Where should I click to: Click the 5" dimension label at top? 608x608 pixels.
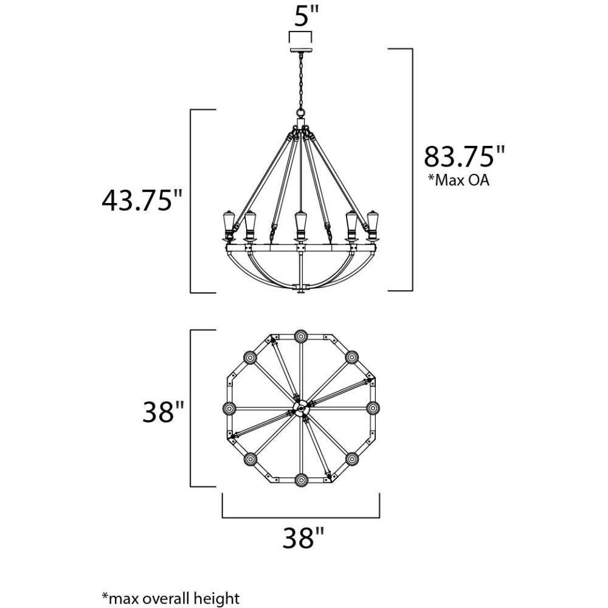pos(306,16)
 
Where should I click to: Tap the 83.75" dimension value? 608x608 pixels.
pos(465,156)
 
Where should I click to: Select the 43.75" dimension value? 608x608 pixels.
pos(142,201)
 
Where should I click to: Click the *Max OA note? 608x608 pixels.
pos(458,181)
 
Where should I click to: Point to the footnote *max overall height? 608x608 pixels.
pos(171,598)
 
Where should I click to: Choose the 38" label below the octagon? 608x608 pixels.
pos(303,538)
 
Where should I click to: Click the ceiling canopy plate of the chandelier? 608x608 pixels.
pos(300,50)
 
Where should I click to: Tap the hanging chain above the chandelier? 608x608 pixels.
pos(300,81)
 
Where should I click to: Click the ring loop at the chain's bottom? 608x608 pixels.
pos(300,113)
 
